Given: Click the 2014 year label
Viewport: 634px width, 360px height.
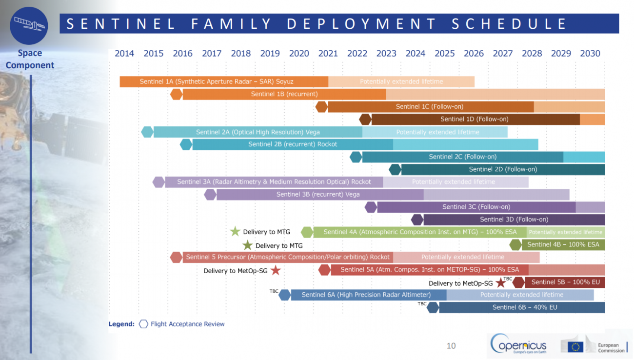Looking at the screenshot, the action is pos(124,53).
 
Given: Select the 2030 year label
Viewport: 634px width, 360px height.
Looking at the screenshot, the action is pos(590,53).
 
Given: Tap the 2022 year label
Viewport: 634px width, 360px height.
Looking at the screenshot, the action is pos(357,53).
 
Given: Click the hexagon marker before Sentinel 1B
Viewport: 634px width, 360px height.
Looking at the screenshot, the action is pos(177,94).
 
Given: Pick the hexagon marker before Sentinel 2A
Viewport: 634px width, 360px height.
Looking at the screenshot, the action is pos(147,132).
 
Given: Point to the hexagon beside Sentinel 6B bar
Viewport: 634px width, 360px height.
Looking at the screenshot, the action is pos(433,307).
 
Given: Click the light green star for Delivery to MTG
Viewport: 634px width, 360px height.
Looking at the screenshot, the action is pos(235,231).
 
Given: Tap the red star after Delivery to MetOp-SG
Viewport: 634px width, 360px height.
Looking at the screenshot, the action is pos(276,270).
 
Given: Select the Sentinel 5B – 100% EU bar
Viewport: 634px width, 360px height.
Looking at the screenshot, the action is pos(565,282).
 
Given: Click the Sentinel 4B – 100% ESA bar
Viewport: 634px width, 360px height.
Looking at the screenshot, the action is pos(563,244).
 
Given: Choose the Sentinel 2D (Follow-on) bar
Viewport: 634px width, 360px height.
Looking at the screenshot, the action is pos(503,169).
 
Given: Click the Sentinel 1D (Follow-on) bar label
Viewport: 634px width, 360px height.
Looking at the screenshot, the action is pos(475,119).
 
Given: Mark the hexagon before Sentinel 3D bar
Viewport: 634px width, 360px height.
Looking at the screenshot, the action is pos(417,220).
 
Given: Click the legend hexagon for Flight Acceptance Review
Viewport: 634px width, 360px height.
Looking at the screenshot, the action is pos(143,324).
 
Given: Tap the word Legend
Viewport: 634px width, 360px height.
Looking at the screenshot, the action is pos(121,324).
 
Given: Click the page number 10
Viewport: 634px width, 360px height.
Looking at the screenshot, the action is pos(451,345).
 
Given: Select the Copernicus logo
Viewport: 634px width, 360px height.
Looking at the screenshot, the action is pos(518,343).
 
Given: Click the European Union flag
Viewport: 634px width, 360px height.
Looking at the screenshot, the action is pos(575,347).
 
